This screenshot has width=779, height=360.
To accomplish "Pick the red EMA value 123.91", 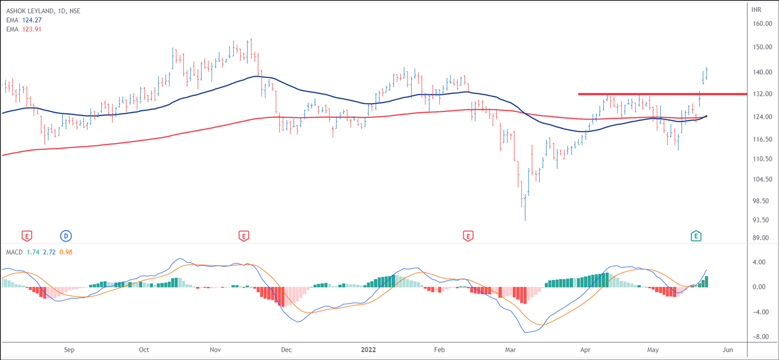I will point(31,29).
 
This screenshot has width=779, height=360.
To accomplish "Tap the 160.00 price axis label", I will point(762,24).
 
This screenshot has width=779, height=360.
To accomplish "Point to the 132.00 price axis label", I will point(762,95).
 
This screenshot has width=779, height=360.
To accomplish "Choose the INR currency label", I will point(756,10).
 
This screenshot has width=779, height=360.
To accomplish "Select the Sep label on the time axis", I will point(69,349).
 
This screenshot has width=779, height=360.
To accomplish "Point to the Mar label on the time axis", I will point(511,349).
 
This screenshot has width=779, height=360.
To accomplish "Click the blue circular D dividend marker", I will point(66,236).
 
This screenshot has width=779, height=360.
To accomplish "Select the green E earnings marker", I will point(696,236).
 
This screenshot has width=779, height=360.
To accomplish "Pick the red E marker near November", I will point(243,236).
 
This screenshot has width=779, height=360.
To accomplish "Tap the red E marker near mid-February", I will point(468,236).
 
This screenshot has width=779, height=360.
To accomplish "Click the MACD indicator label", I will point(14,253).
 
